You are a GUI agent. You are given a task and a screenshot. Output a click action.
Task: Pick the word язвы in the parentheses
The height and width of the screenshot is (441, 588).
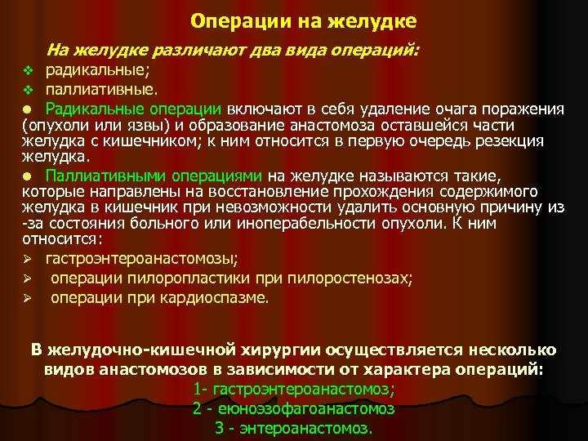coord(136,125)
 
